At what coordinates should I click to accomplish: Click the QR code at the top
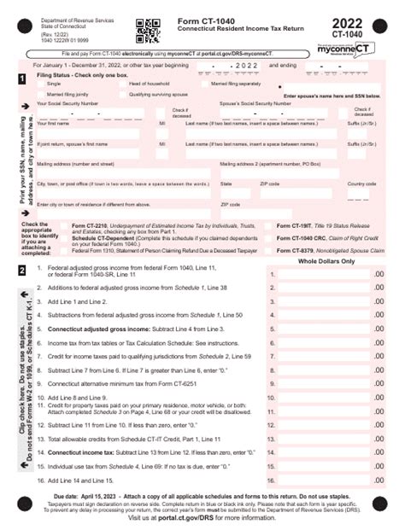tap(149, 30)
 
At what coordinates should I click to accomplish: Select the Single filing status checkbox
tap(41, 84)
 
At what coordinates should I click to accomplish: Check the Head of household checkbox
tap(122, 84)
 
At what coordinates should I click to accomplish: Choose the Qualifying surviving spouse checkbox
tap(122, 92)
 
